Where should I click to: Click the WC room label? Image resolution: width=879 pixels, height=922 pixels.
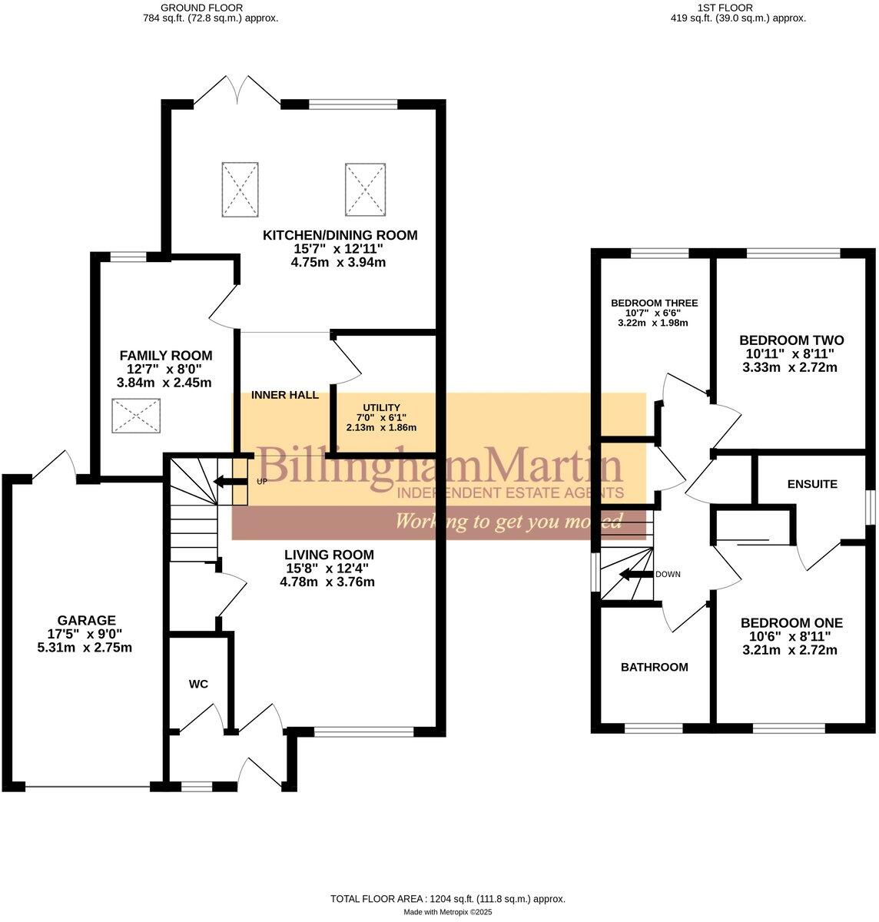pos(198,684)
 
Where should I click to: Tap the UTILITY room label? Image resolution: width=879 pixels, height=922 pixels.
pos(382,408)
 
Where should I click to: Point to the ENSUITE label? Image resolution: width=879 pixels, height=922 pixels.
pos(812,484)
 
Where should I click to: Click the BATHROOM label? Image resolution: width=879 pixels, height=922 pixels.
pos(655,667)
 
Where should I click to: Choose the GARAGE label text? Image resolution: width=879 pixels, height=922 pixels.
pos(87,620)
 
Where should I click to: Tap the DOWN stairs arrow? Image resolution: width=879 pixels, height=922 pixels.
pos(635,574)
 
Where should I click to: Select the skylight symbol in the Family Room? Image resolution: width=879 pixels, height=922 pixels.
pos(136,416)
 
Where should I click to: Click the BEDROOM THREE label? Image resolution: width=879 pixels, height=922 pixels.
pos(655,303)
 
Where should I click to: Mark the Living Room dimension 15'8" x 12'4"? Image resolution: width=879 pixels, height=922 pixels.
pos(327,568)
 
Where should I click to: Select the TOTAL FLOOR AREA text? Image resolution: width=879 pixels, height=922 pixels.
pos(448,898)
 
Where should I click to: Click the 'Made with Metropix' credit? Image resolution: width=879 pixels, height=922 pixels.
pos(448,912)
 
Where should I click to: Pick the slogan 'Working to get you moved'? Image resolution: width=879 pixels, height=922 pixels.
pos(508,522)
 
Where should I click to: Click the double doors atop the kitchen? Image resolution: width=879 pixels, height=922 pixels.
pos(237,89)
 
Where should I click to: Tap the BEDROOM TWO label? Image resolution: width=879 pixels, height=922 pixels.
pos(791,340)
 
